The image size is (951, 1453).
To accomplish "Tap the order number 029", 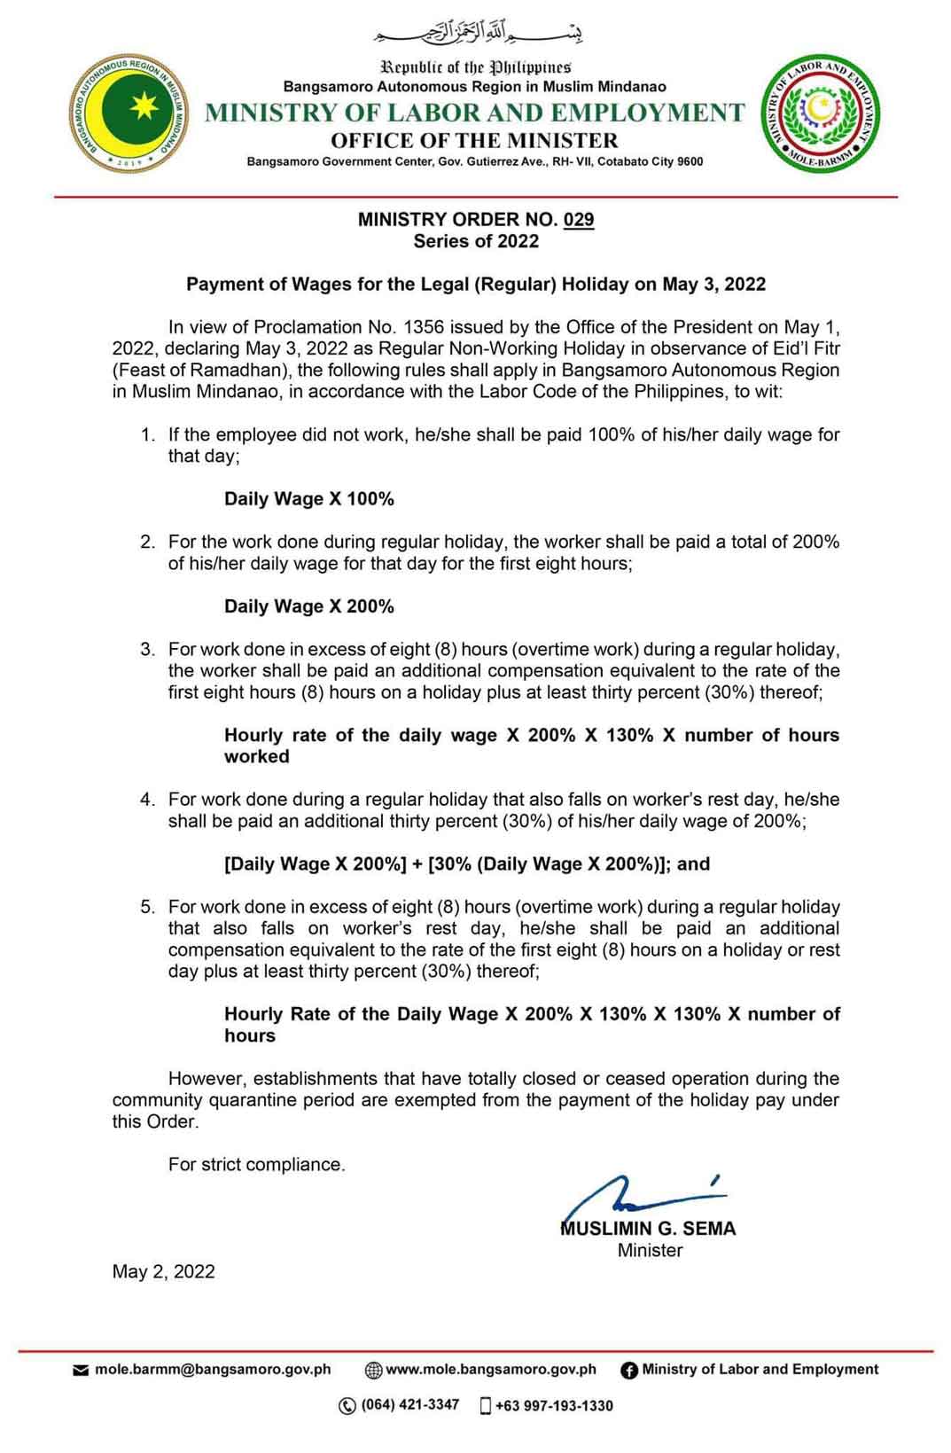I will coord(578,219).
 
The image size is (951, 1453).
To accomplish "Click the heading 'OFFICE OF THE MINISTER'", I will coord(474,140).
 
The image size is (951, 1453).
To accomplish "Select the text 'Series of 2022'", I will coord(476,241).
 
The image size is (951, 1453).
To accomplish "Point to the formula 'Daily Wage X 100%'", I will coord(309,498).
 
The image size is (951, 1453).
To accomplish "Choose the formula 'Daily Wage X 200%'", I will coord(309,606).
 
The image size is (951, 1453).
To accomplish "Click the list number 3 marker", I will coord(147,649).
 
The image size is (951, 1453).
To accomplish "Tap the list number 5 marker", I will coord(147,907).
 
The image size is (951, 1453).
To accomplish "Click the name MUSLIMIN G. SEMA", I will coord(649,1229).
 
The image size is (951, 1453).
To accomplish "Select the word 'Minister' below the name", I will coord(650,1250).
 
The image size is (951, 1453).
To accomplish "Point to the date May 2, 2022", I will coord(163,1271).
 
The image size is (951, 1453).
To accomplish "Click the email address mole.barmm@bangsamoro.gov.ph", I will coord(213,1369).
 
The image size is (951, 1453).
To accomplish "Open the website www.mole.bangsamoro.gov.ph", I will coord(491,1369).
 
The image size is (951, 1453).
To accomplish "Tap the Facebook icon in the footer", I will coord(629,1370).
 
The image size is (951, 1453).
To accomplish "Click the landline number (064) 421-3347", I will coord(409,1404).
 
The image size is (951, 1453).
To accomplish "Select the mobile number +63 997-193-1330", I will coord(554,1405).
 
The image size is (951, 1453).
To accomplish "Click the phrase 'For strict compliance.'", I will coord(257,1164).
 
